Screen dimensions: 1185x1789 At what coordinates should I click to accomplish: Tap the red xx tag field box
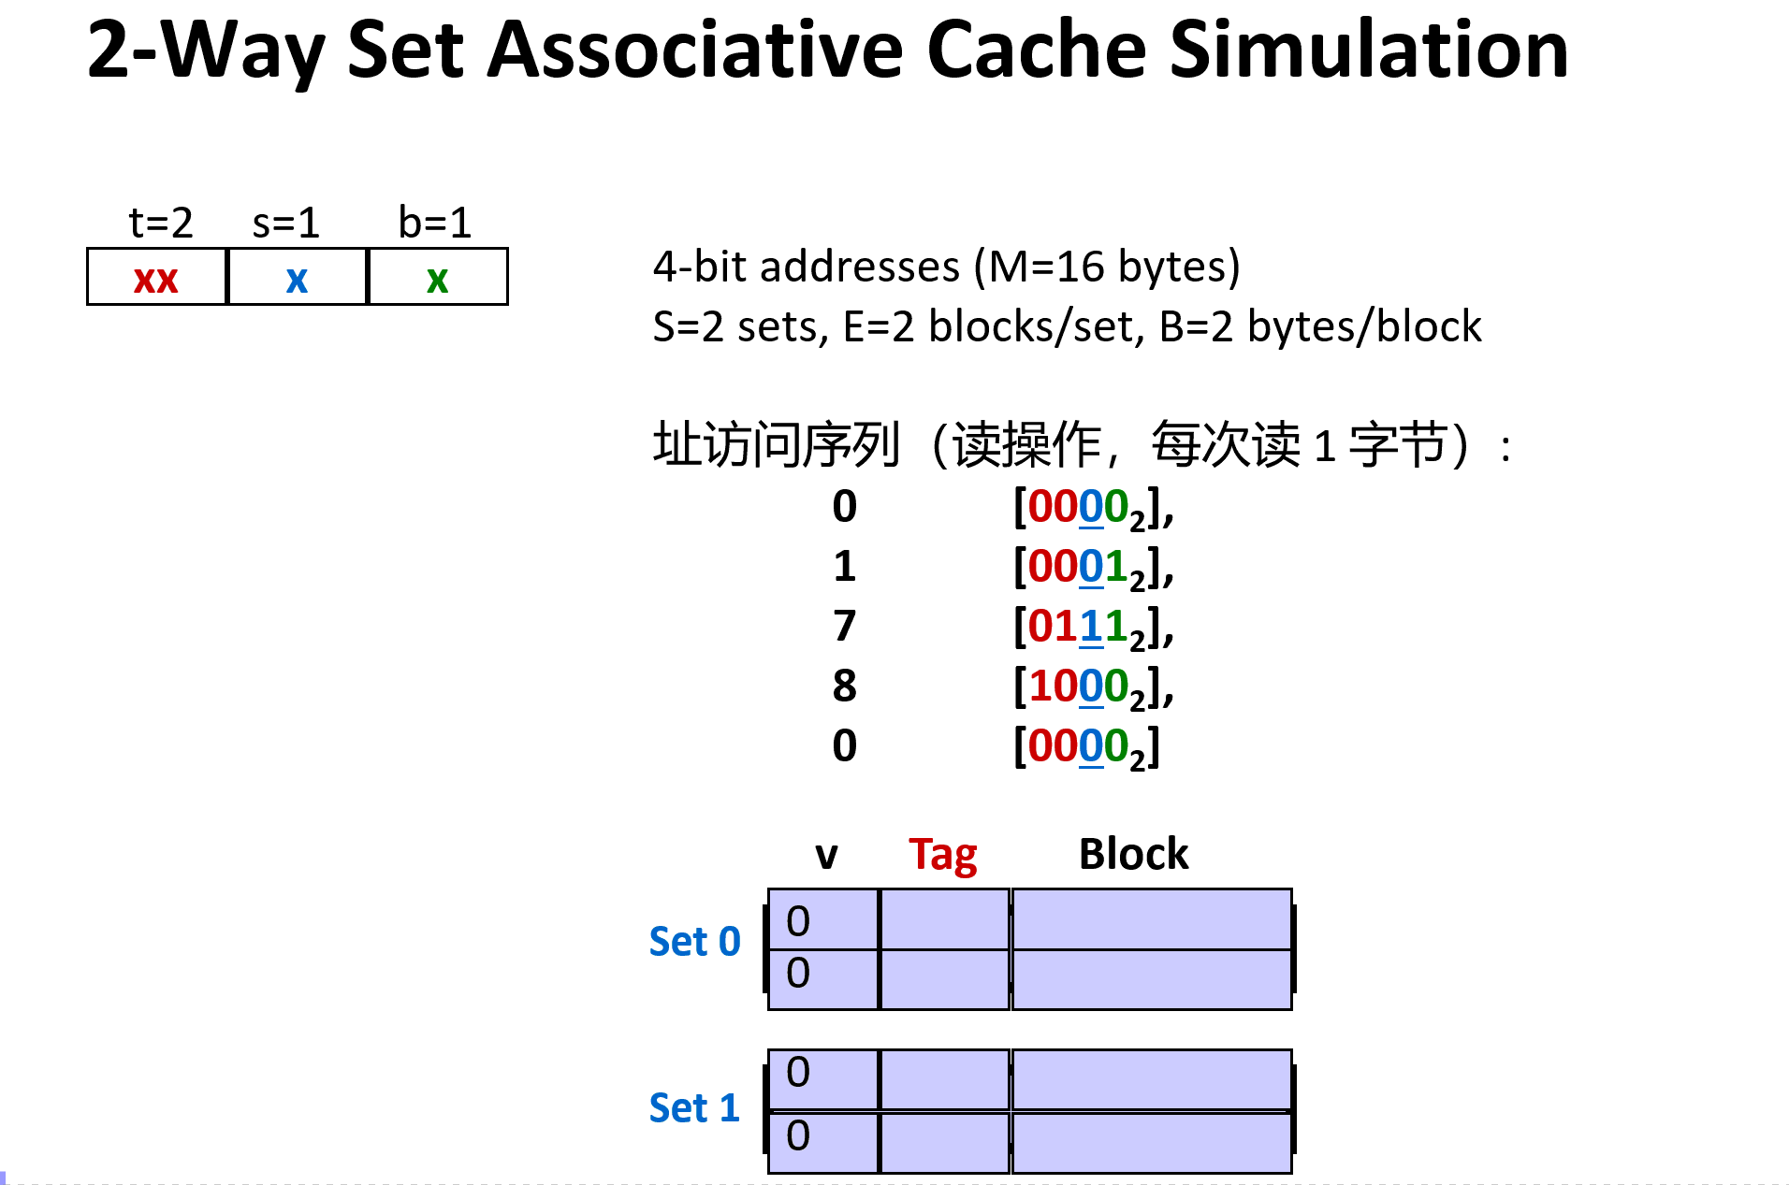pos(156,278)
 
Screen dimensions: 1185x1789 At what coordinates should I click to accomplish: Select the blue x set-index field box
pos(297,278)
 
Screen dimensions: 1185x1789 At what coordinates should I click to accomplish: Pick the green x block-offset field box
pos(437,278)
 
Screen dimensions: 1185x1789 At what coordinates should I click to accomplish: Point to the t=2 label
pos(160,223)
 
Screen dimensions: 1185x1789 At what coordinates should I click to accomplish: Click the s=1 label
pos(285,223)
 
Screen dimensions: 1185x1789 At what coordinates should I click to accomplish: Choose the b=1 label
pos(434,223)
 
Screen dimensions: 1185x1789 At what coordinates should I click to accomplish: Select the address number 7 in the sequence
pos(844,626)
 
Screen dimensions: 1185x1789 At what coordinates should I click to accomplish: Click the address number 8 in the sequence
pos(844,686)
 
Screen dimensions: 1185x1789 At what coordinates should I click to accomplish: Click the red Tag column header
pos(942,855)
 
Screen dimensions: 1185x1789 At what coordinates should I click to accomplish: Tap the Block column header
pos(1133,854)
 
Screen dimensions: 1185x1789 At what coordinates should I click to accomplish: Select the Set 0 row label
pos(694,942)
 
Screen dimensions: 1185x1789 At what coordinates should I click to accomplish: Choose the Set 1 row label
pos(694,1108)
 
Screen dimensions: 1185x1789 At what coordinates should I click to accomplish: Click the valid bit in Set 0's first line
pos(798,921)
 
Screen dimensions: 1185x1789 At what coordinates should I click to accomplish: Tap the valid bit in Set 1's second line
pos(798,1135)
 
